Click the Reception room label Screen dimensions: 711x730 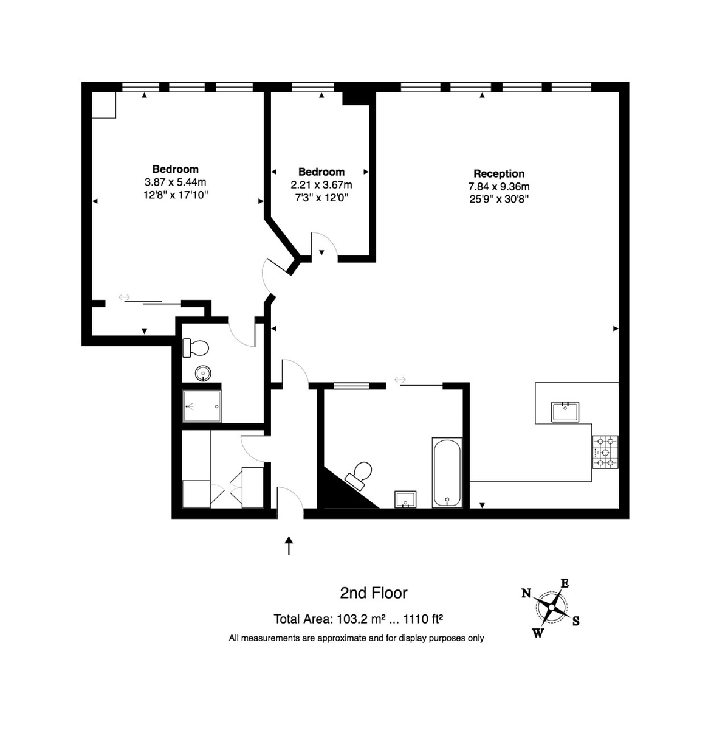click(498, 174)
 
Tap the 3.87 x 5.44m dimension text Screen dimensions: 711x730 click(176, 182)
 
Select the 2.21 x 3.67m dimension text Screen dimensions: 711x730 click(321, 185)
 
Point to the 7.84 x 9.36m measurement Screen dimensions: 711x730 click(498, 186)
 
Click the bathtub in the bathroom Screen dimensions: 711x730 click(447, 473)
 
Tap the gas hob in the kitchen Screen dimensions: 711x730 click(605, 452)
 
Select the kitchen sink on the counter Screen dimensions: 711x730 click(565, 411)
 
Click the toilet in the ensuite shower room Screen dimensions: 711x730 click(195, 348)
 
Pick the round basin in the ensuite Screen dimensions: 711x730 click(203, 374)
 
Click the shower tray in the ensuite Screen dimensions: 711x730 click(202, 406)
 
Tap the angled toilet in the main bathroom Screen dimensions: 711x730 click(359, 476)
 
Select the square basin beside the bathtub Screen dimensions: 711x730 click(405, 499)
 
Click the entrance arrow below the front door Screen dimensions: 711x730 click(289, 546)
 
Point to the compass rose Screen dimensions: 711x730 click(551, 607)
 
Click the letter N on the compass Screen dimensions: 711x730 click(526, 593)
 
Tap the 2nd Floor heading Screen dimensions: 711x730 click(373, 593)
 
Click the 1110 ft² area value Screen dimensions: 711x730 click(423, 619)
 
